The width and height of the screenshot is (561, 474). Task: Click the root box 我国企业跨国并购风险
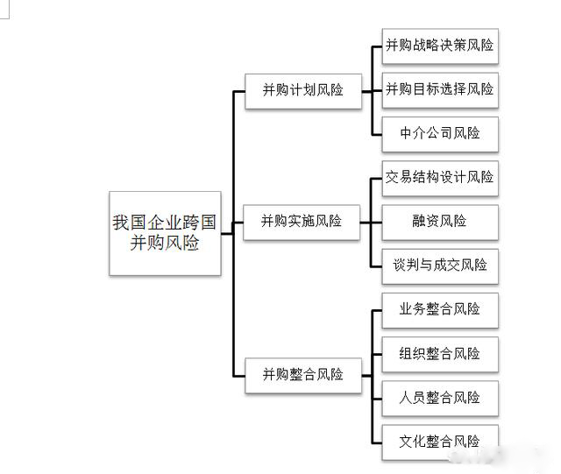(x=165, y=233)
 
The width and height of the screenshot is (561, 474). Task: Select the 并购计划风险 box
(x=302, y=89)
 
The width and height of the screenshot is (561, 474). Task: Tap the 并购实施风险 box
(x=302, y=221)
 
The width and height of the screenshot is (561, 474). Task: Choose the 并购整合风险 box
(x=302, y=375)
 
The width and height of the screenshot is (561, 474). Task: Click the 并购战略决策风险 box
(x=440, y=46)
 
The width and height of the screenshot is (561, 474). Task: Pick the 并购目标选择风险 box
(x=440, y=89)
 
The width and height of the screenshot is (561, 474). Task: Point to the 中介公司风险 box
(x=440, y=133)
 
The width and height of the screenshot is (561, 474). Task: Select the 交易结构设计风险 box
(x=440, y=177)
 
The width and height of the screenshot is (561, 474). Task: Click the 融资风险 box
(x=440, y=221)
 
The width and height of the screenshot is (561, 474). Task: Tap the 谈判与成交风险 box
(x=440, y=265)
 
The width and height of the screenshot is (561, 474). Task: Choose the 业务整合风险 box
(x=440, y=309)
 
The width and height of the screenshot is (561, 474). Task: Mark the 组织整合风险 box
(x=440, y=354)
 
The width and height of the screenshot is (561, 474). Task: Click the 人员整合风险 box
(x=440, y=398)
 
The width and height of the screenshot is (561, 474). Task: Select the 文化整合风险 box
(x=440, y=441)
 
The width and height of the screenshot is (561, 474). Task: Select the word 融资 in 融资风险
(x=424, y=221)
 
